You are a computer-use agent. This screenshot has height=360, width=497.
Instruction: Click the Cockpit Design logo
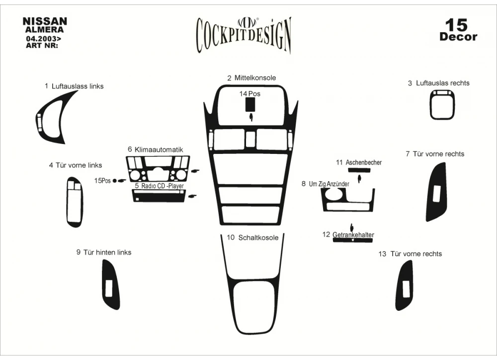pos(244,35)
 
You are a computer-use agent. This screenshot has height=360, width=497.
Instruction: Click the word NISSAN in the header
pos(45,21)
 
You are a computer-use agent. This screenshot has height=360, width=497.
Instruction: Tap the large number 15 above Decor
pos(456,25)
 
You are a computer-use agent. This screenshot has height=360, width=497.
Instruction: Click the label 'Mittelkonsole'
pos(255,78)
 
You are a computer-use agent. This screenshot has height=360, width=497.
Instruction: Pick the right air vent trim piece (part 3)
pos(442,105)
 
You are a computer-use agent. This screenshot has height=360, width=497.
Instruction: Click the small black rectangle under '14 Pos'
pos(250,104)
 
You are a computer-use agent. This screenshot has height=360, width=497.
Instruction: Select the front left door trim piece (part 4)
pos(75,202)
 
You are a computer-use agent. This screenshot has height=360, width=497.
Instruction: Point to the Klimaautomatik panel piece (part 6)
pos(158,168)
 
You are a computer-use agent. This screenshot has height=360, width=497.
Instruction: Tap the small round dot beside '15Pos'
pos(115,181)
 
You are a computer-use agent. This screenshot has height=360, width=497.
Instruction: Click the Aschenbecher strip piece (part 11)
pos(359,170)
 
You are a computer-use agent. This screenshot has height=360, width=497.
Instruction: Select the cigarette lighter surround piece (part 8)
pos(348,200)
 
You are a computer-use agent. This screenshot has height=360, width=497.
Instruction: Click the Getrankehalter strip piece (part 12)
pos(353,240)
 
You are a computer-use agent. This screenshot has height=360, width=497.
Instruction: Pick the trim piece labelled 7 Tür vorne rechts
pos(437,192)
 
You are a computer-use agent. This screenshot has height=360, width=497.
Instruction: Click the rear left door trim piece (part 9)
pos(111,285)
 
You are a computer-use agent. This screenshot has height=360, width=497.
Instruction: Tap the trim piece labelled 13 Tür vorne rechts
pos(405,286)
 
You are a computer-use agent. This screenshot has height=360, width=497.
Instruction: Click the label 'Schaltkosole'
pos(258,238)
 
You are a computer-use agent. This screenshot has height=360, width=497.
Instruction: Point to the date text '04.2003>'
pos(44,39)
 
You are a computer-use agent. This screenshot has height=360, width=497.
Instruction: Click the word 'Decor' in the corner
pos(458,37)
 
